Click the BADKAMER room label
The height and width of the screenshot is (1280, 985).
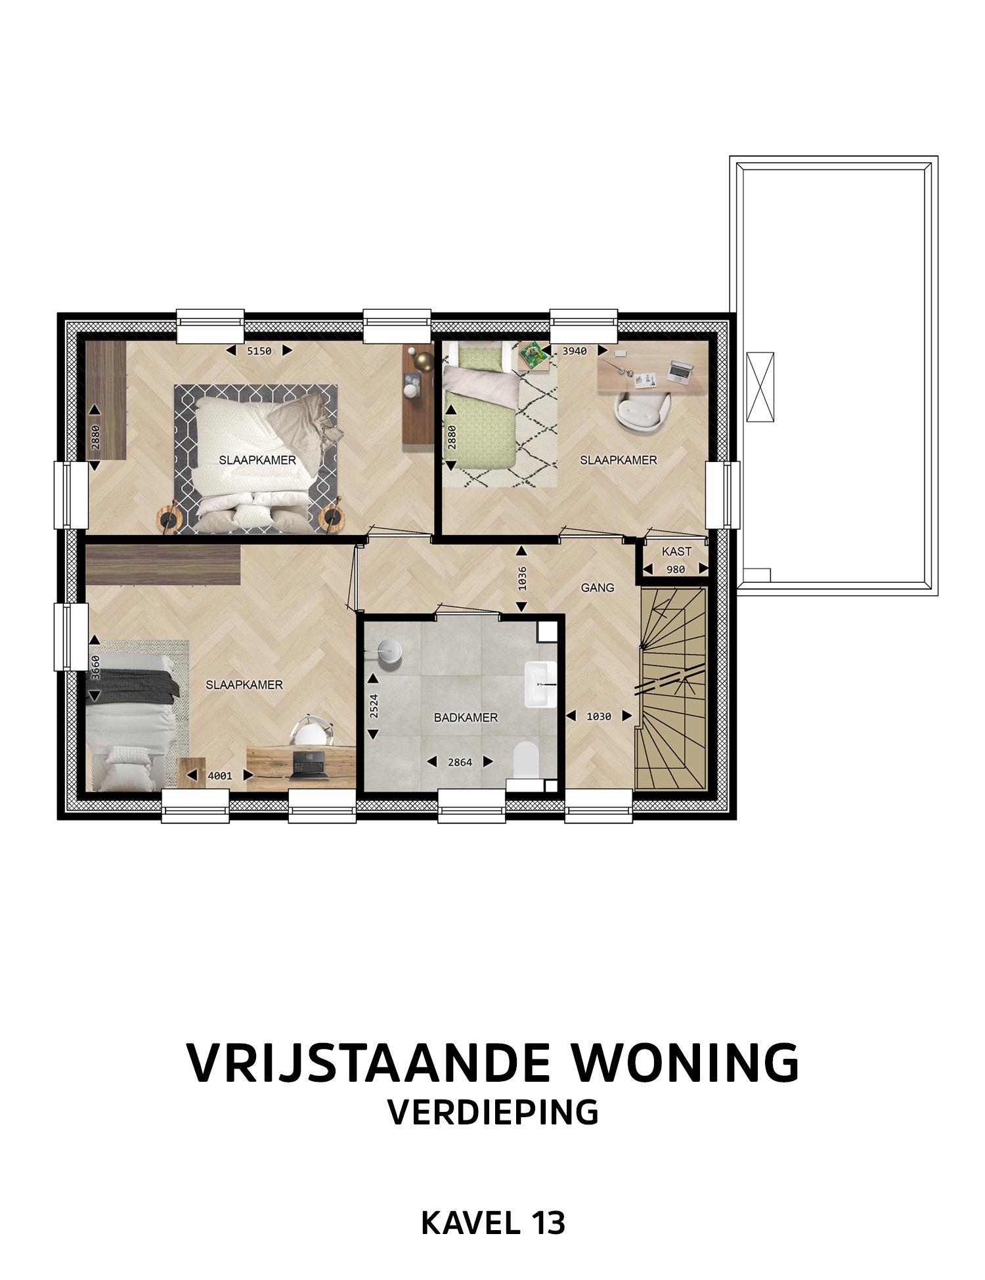point(466,717)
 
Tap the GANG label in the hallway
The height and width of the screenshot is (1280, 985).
point(598,587)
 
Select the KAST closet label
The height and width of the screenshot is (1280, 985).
point(676,551)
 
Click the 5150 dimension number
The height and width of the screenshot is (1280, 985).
point(259,351)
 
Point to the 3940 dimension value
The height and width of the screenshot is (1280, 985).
point(575,351)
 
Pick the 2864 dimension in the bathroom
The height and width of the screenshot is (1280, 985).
point(460,762)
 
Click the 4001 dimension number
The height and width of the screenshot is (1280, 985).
point(220,776)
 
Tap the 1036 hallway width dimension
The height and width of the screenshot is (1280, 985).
point(522,578)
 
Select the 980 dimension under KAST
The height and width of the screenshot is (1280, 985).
point(676,569)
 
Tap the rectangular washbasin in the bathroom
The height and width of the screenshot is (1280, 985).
point(540,684)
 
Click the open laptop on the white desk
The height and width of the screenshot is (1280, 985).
point(680,372)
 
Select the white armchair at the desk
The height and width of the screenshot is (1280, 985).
point(643,412)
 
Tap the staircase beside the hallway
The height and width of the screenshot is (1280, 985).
point(671,689)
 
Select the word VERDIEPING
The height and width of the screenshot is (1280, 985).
point(493,1112)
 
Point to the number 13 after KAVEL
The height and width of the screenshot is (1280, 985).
point(548,1223)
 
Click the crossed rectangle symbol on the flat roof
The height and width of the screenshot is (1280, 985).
point(760,387)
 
